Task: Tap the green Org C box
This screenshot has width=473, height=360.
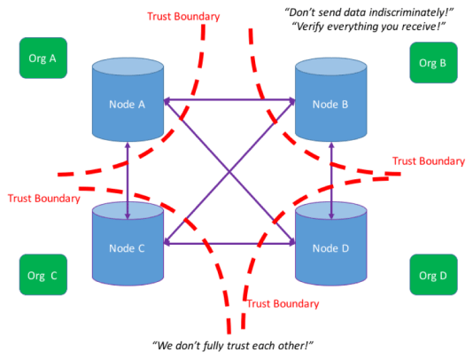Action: coord(39,275)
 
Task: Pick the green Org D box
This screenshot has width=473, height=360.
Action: coord(431,275)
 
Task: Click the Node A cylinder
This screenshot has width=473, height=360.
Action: coord(128,104)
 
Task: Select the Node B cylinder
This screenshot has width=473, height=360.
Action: coord(330,104)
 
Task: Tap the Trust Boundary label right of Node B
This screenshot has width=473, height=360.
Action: coord(429,160)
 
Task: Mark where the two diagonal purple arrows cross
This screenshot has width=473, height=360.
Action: coord(229,172)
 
